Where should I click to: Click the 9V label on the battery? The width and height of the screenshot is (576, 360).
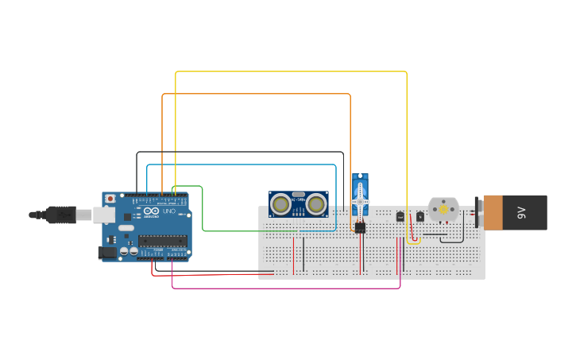coord(522,212)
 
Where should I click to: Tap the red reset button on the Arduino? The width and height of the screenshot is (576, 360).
coord(110,199)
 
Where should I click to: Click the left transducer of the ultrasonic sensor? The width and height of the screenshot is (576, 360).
coord(280,204)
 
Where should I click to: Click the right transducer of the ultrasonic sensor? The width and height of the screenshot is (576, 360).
coord(316,204)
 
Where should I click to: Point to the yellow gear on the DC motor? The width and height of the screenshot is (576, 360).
coord(443,210)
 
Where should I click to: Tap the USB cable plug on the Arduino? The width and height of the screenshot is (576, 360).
coord(60,215)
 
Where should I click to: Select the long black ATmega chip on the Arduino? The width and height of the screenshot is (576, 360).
coord(164,241)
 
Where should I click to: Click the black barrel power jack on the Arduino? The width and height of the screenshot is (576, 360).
coord(106,253)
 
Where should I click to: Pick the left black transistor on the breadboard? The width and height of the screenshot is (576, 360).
coord(400,216)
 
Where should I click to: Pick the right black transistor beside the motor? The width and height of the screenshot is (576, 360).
coord(420,216)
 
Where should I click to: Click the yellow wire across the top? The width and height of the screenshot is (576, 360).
coord(291,72)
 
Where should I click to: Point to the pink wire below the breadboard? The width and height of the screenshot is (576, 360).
coord(286,288)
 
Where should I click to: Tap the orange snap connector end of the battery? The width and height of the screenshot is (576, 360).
coord(493,212)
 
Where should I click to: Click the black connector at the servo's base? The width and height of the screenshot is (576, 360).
coord(360,227)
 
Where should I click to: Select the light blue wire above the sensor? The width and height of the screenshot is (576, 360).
coord(238,165)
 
